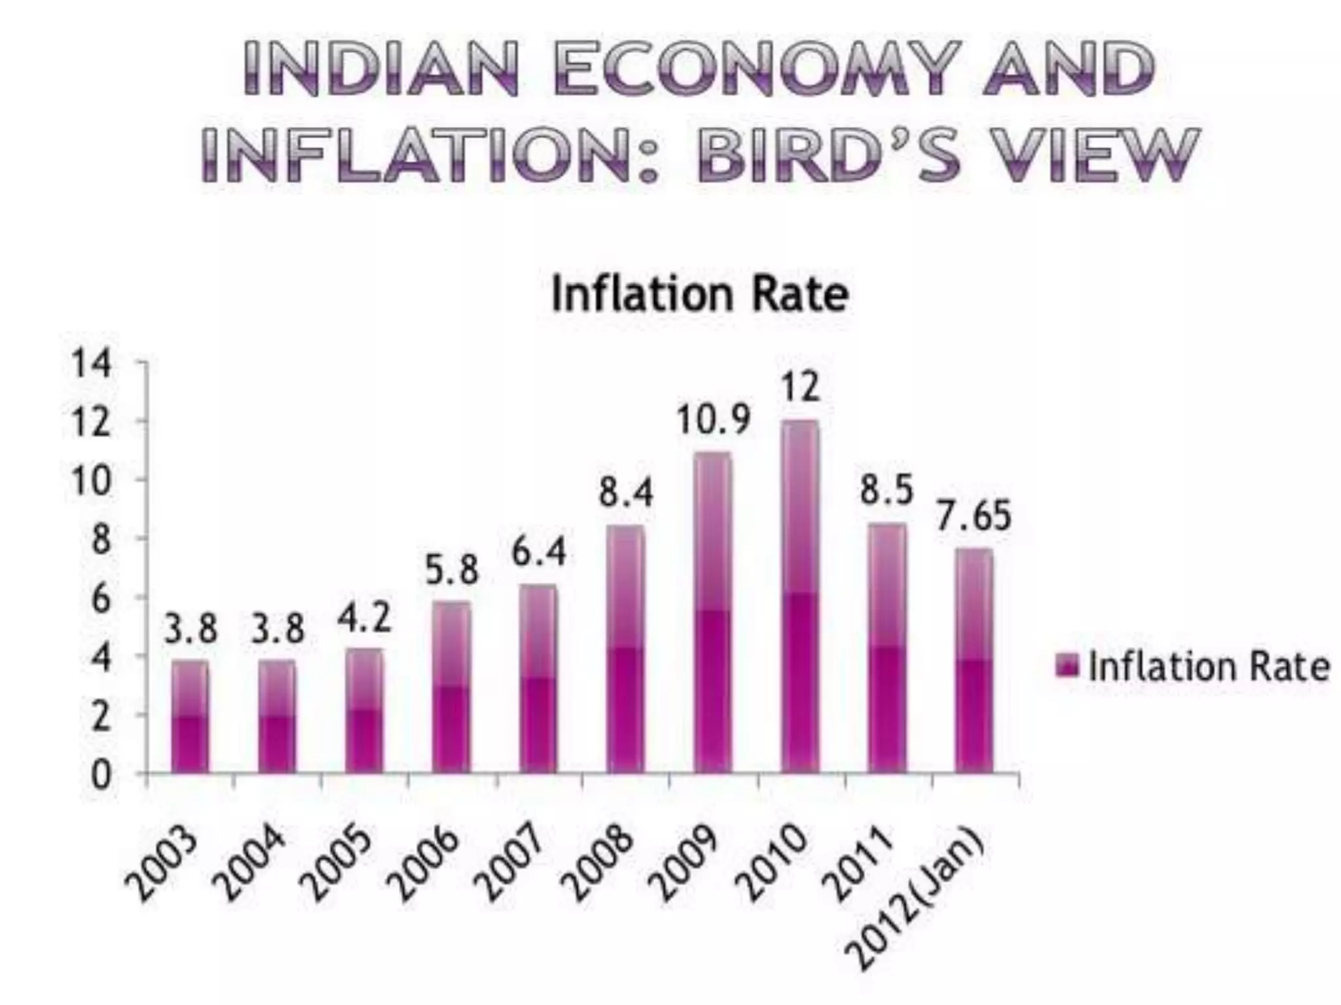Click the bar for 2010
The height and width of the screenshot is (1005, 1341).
[x=800, y=597]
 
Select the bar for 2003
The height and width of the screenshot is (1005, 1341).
[x=190, y=717]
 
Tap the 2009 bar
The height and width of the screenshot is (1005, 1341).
[x=712, y=613]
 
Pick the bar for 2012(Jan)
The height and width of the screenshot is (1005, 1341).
[x=974, y=661]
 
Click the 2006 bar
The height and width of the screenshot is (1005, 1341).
[x=451, y=687]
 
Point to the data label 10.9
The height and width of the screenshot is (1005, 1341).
[x=712, y=420]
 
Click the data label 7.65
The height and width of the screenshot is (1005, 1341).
[x=974, y=516]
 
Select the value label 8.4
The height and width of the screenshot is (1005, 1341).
[x=626, y=493]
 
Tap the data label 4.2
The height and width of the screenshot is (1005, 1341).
[x=364, y=618]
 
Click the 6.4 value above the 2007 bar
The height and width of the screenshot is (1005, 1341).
[x=538, y=553]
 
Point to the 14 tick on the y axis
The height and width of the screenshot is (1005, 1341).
[x=92, y=363]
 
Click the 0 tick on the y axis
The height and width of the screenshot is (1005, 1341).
[x=100, y=775]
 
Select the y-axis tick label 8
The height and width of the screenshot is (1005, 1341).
[x=100, y=540]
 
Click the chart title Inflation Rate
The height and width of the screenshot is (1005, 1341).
[x=699, y=294]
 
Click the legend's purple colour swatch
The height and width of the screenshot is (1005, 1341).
[x=1067, y=667]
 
